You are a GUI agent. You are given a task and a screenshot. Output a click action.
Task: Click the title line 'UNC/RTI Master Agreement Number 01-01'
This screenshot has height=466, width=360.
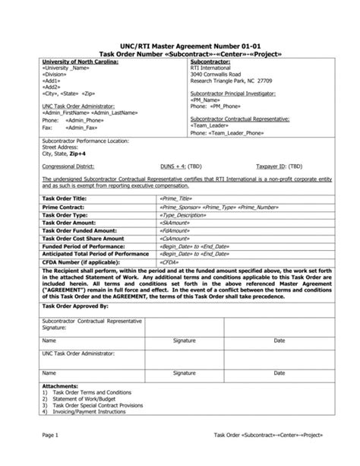click(180, 45)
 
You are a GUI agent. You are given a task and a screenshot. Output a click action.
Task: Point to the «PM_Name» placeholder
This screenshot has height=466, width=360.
click(208, 101)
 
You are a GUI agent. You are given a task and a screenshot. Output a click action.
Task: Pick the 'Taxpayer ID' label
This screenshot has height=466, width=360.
click(287, 163)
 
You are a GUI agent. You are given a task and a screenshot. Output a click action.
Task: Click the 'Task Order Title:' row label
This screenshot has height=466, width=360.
click(67, 196)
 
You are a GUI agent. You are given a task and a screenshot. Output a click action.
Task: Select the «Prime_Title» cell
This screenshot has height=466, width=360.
click(177, 196)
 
